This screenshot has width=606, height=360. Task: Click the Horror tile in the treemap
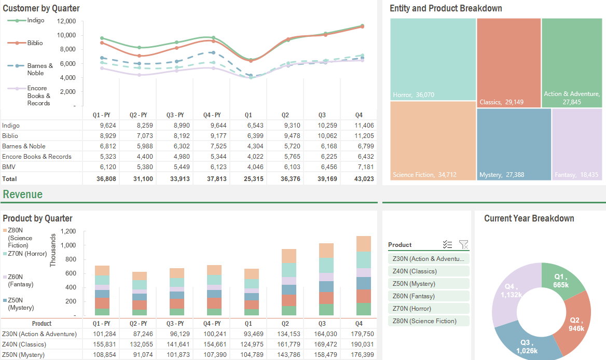433,59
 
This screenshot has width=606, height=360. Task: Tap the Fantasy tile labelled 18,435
577,144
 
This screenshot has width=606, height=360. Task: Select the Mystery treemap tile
513,144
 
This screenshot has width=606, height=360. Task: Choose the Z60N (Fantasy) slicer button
429,296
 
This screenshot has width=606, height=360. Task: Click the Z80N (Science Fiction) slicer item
429,321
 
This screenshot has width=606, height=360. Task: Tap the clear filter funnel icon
463,244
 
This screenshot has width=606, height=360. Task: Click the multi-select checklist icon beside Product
448,244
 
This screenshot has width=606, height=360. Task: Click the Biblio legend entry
35,43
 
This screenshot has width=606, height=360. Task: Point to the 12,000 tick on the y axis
66,21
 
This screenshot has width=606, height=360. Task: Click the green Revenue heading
23,195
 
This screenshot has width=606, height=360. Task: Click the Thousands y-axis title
52,250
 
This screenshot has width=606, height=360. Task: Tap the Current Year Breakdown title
529,218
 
